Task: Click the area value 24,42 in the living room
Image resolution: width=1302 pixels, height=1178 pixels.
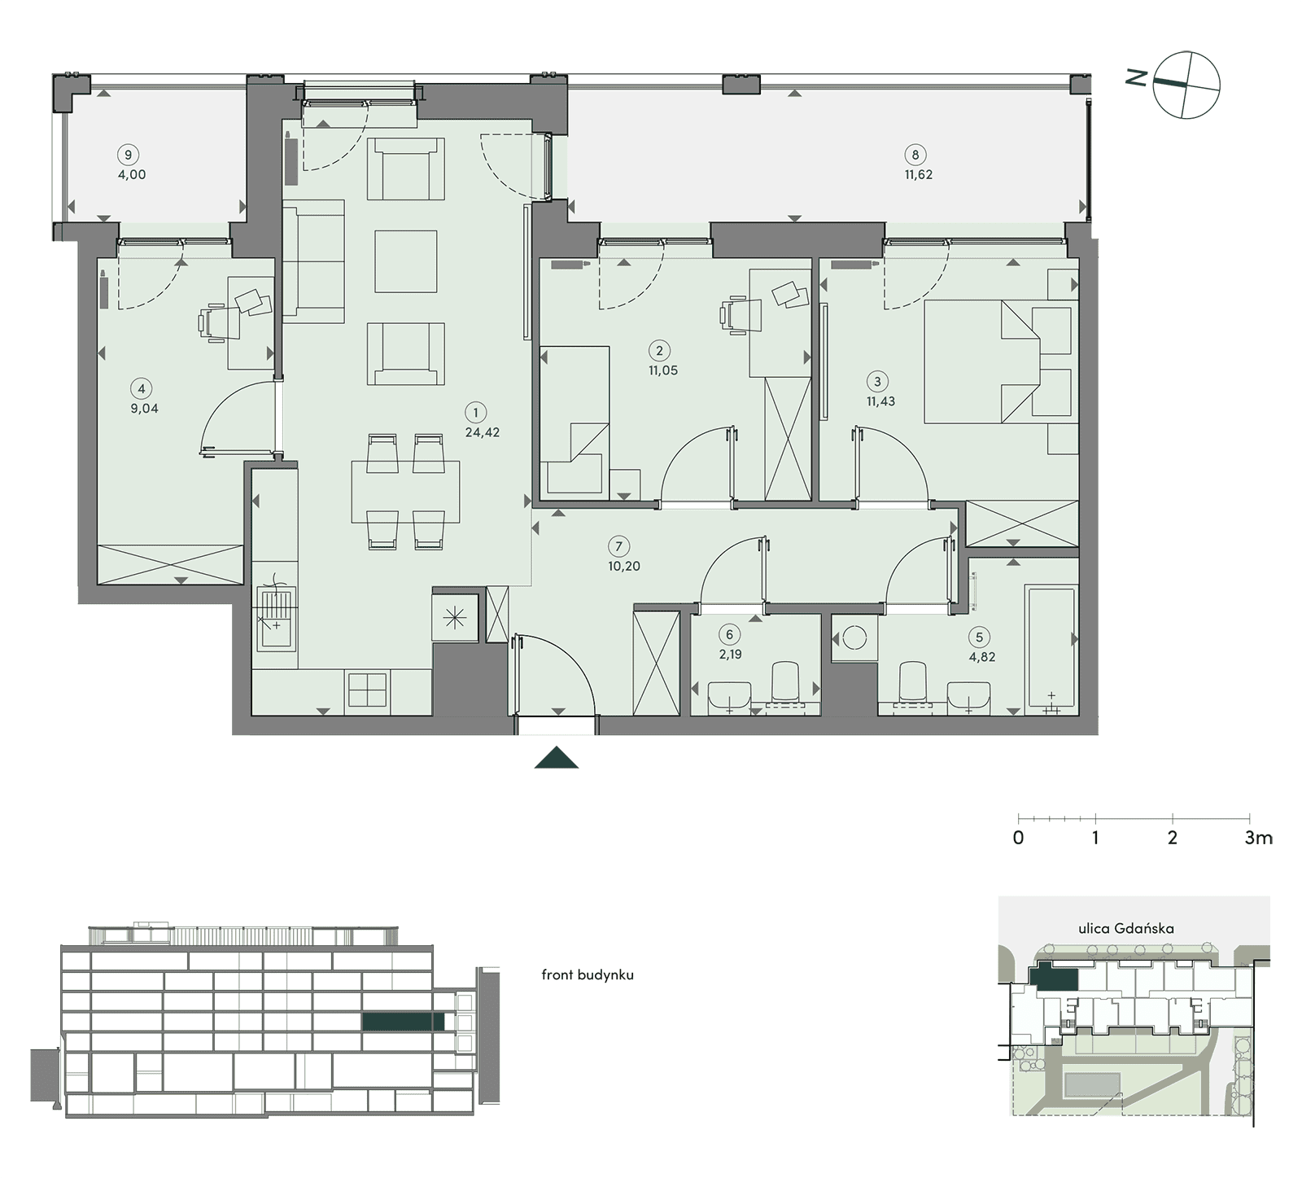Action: (482, 432)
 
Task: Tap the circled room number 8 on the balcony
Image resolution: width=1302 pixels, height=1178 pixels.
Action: (915, 155)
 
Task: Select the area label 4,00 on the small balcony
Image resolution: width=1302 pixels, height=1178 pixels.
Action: (132, 174)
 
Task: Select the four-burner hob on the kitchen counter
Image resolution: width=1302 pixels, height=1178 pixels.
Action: (368, 690)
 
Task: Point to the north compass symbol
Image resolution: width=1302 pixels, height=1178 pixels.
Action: (1187, 85)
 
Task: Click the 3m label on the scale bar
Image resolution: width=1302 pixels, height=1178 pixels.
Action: (1258, 838)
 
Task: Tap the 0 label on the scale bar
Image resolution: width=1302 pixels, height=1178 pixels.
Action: (1019, 838)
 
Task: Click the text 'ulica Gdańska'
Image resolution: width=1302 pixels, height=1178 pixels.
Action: (1126, 928)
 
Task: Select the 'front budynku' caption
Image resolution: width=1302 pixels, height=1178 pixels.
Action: (588, 974)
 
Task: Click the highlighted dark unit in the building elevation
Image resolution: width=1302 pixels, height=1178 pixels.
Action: (404, 1021)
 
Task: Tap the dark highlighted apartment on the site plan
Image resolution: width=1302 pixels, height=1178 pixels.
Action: (1054, 976)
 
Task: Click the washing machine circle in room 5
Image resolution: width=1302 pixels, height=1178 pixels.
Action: (854, 637)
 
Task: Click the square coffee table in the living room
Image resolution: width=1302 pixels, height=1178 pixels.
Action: (406, 261)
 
